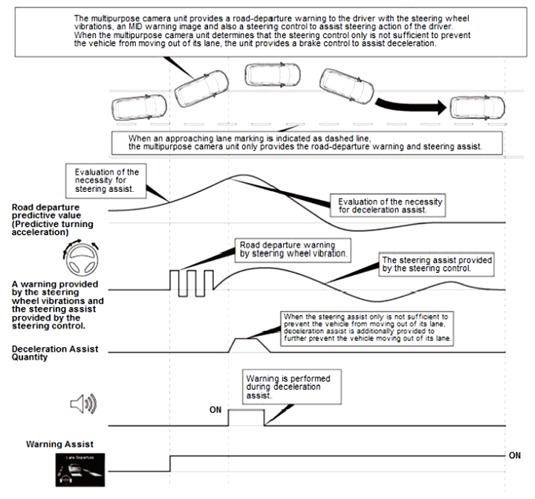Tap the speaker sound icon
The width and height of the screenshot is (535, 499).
point(83,405)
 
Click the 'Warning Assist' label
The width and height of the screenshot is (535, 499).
point(59,445)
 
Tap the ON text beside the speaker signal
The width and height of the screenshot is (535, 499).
point(216,409)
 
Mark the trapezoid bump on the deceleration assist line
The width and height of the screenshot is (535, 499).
point(246,346)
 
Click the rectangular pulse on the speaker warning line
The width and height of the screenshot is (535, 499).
point(246,416)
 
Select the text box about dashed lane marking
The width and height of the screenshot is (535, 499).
point(305,142)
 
